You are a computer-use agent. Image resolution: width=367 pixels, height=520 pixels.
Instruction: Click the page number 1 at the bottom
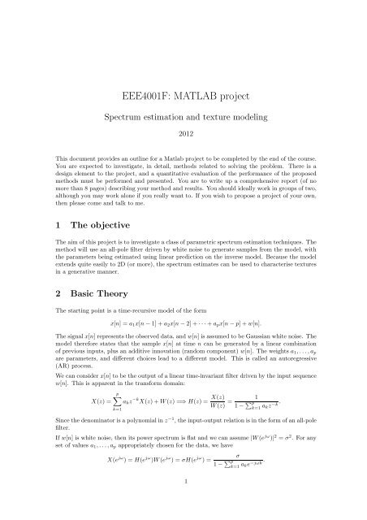pyautogui.click(x=183, y=490)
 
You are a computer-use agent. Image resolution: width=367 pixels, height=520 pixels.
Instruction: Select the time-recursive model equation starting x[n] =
pyautogui.click(x=183, y=325)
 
